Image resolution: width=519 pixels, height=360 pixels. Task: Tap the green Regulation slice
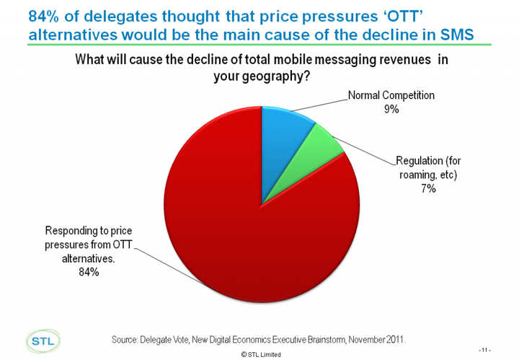[x=320, y=149]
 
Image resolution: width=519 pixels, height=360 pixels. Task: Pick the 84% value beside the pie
[x=89, y=272]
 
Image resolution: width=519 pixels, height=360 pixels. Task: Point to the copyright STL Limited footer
[x=262, y=355]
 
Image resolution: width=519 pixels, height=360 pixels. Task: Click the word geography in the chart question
[x=269, y=77]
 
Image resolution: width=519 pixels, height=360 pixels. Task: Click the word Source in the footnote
[x=128, y=338]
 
